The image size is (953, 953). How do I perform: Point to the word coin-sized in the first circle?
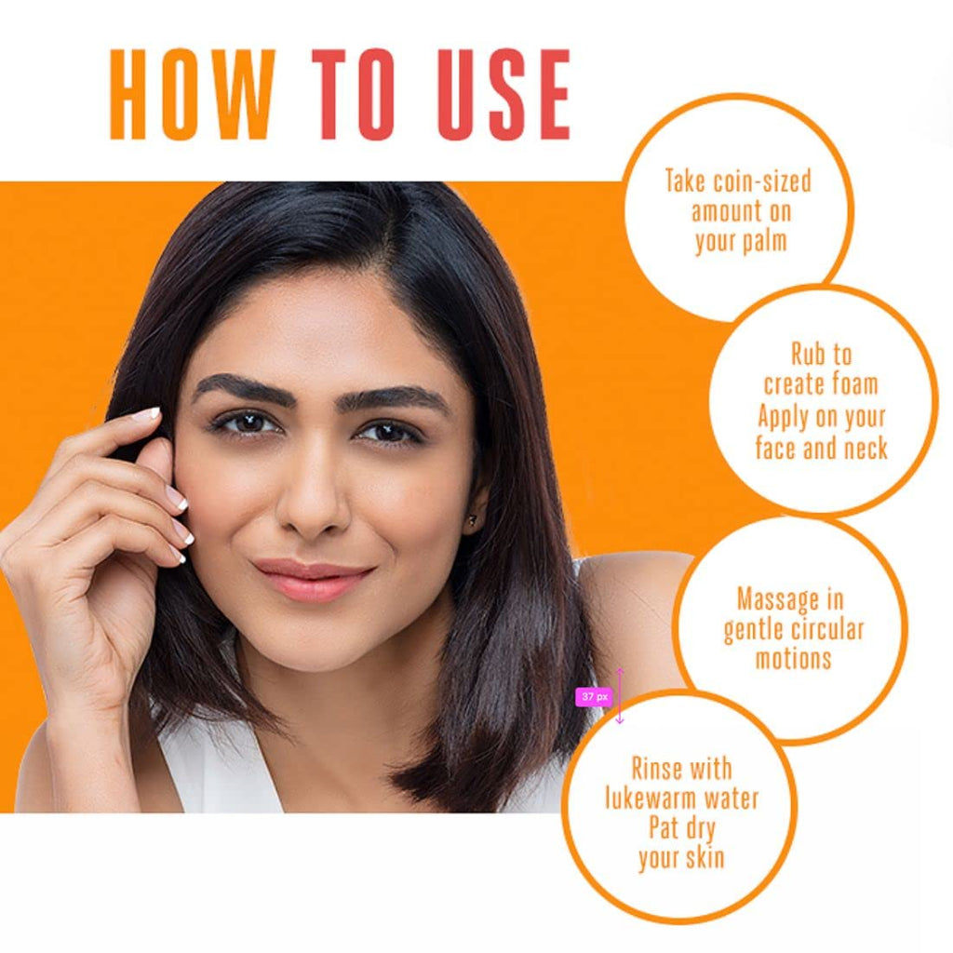pyautogui.click(x=763, y=181)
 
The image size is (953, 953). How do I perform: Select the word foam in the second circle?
pyautogui.click(x=854, y=384)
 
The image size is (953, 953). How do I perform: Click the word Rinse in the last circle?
pyautogui.click(x=657, y=769)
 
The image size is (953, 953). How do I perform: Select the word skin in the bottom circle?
pyautogui.click(x=704, y=857)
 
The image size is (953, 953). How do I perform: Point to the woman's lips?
pyautogui.click(x=314, y=579)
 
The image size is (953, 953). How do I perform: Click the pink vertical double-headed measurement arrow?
pyautogui.click(x=620, y=695)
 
